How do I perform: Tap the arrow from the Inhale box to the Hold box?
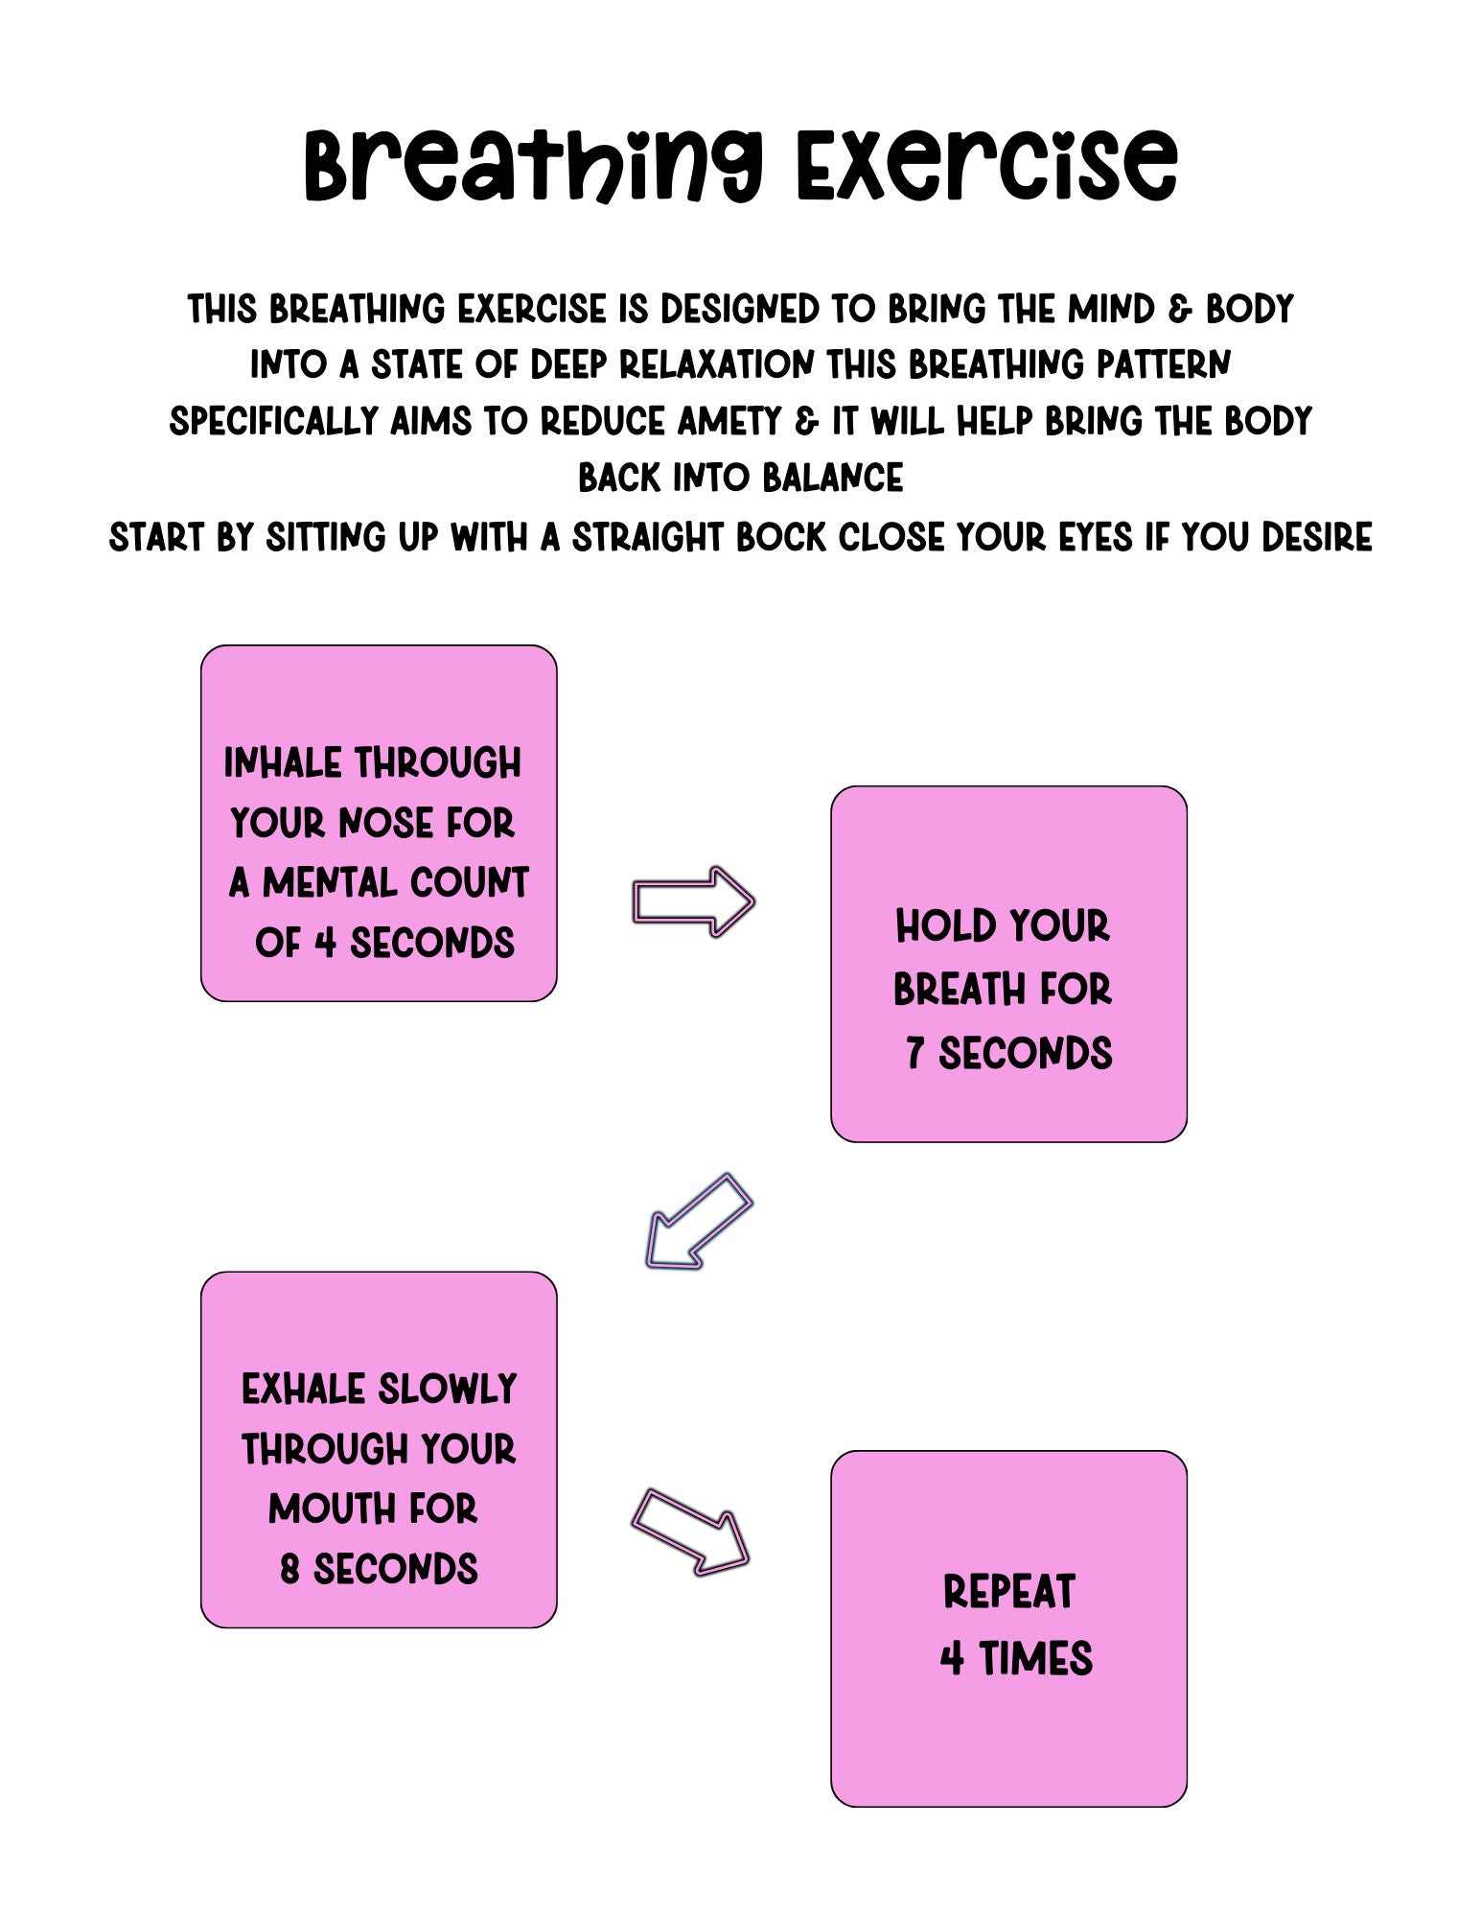pos(693,901)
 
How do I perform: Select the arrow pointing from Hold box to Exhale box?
pos(698,1222)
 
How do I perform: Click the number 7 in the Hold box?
pos(914,1053)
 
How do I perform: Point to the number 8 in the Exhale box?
pos(289,1570)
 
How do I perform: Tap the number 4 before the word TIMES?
pos(951,1658)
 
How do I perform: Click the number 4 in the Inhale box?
pos(325,943)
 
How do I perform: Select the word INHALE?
pos(282,763)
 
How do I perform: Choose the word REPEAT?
pos(1008,1592)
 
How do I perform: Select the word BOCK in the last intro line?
pos(780,538)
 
